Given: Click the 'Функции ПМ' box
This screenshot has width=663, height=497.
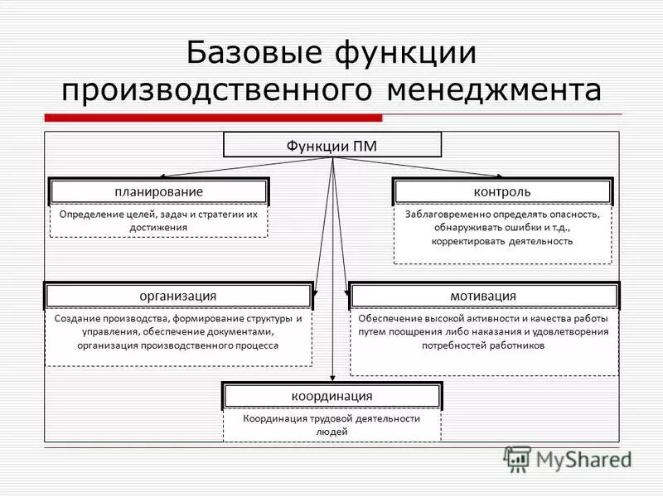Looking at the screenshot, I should tap(332, 145).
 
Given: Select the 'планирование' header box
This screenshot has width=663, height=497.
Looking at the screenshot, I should tap(158, 192).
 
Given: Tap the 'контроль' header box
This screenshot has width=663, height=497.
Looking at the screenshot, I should tap(502, 192).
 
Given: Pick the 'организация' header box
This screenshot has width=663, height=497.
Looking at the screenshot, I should tap(178, 296).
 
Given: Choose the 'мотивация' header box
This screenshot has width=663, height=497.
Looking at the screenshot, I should tap(483, 296).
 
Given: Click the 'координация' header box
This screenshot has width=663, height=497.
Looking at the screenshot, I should tap(331, 396).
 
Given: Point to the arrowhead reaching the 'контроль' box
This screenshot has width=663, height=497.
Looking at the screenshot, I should tap(500, 176).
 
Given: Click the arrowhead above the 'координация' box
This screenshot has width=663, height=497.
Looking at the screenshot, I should tap(332, 378).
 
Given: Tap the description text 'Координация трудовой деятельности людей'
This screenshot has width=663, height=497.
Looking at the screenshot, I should tap(331, 425).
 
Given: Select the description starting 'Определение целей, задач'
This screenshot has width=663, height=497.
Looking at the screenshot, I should tap(158, 220).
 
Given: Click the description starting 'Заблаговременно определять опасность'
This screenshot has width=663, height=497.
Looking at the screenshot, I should tap(502, 228).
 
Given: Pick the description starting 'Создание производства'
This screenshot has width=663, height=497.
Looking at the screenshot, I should tap(178, 332).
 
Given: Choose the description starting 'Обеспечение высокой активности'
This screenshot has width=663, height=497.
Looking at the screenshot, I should tap(483, 332).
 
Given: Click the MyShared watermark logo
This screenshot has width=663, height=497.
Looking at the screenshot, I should tap(568, 458).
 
